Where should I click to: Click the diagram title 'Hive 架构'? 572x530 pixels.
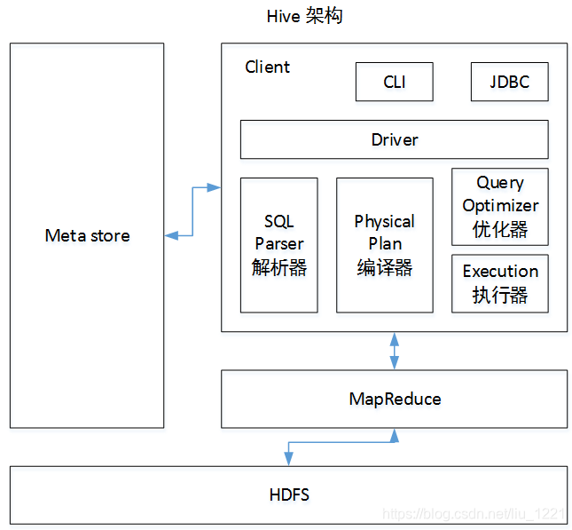(304, 17)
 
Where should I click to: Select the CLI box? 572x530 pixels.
(395, 82)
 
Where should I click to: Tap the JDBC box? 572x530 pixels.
(509, 82)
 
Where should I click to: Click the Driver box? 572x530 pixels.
(394, 139)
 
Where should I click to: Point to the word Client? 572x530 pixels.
(267, 67)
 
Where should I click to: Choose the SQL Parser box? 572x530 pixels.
(278, 244)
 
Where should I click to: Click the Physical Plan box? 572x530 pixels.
(384, 244)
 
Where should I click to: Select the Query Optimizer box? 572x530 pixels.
(500, 206)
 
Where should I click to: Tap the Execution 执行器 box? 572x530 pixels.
(500, 283)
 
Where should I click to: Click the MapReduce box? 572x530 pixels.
(394, 399)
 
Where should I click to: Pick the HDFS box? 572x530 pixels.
(289, 494)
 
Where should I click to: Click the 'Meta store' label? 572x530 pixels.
(87, 235)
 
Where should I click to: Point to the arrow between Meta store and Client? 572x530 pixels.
(192, 211)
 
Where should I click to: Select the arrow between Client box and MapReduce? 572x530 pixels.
(395, 351)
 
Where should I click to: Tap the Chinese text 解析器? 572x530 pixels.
(278, 266)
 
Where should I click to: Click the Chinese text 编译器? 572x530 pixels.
(384, 266)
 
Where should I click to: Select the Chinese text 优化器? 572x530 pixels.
(500, 229)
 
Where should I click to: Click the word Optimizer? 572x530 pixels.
(500, 205)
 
